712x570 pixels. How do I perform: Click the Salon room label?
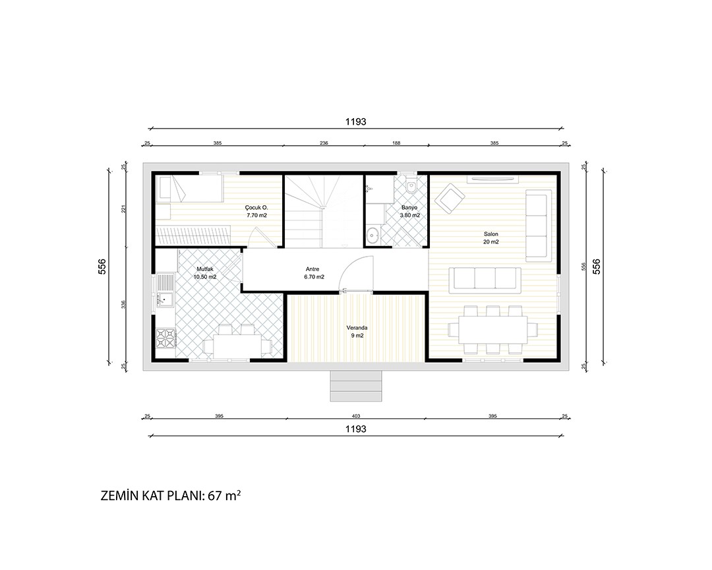(491, 235)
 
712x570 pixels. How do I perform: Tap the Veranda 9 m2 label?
(357, 331)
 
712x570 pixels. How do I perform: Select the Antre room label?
(312, 269)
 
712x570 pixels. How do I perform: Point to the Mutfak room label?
(205, 269)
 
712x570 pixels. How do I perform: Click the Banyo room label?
(409, 208)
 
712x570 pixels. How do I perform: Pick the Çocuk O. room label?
(256, 208)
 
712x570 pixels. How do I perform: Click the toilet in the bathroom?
(412, 185)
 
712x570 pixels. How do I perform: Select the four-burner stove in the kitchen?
(165, 338)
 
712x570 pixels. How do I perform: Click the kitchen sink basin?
(165, 299)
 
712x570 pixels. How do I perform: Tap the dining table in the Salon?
(493, 329)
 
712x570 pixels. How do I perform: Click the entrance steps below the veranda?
(355, 386)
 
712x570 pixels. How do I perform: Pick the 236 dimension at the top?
(324, 142)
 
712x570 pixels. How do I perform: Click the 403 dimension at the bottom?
(356, 416)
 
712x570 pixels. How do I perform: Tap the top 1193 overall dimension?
(355, 121)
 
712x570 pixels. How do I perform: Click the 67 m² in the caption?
(224, 495)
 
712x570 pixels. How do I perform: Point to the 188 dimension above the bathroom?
(396, 142)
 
